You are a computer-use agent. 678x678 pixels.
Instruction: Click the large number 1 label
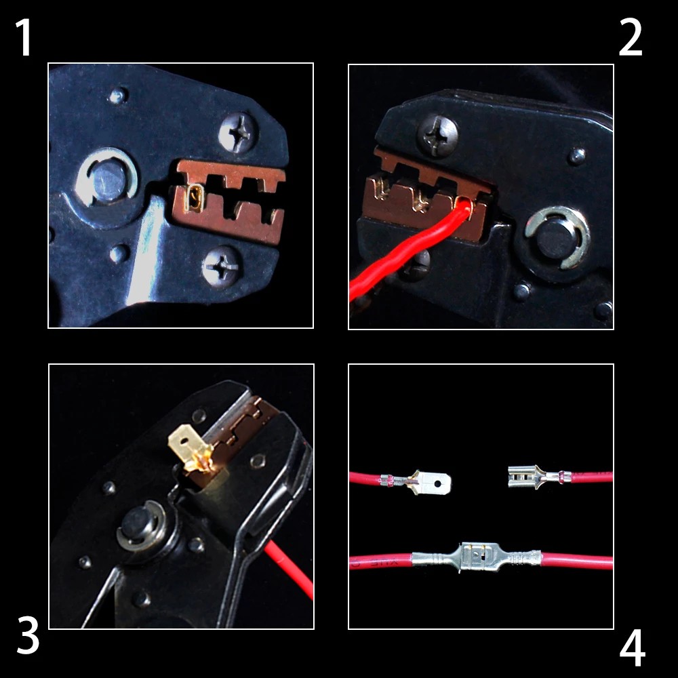(x=24, y=37)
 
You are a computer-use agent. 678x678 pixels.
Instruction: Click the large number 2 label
(x=631, y=37)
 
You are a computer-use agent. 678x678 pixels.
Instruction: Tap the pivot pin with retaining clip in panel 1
(x=106, y=177)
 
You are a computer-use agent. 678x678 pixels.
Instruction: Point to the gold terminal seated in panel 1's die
(x=194, y=198)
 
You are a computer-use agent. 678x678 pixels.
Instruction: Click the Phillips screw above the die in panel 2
(x=437, y=134)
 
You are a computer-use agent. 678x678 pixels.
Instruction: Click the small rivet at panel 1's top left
(x=117, y=95)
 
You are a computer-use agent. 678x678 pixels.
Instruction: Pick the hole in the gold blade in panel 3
(x=184, y=442)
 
